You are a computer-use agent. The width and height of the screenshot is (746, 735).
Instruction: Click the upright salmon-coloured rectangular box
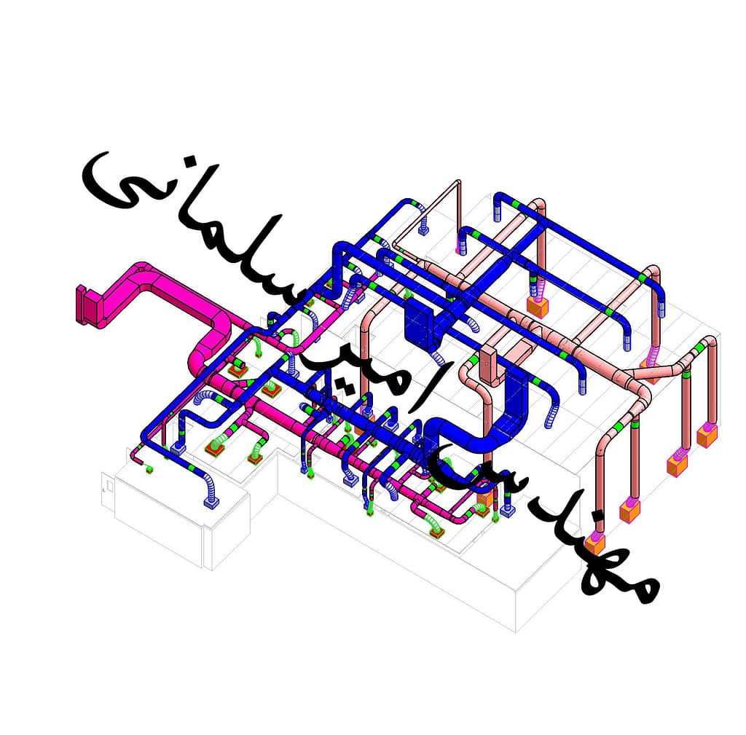(x=490, y=366)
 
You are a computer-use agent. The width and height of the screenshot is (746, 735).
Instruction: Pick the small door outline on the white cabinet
(x=109, y=487)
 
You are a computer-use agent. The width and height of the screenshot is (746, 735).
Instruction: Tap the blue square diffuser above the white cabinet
(x=212, y=502)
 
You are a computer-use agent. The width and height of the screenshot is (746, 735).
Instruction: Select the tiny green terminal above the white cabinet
(x=149, y=470)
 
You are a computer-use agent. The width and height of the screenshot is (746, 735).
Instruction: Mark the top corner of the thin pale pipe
(x=458, y=181)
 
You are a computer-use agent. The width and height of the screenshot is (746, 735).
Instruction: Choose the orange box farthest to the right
(x=707, y=436)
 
